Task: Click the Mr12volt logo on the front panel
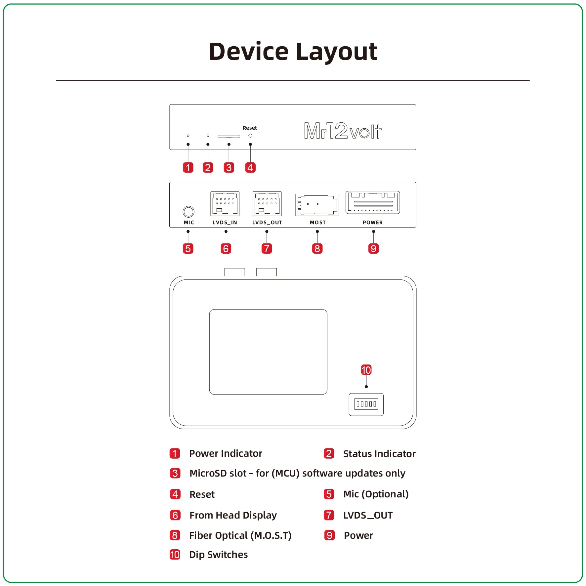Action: [x=343, y=131]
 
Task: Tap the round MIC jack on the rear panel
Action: [x=188, y=211]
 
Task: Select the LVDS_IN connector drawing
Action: [x=225, y=203]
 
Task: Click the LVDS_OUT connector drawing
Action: [x=267, y=203]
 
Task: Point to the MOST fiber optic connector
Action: [x=317, y=205]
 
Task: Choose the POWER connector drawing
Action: [x=373, y=202]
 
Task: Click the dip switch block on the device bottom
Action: [x=366, y=404]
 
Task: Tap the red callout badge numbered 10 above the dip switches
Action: [x=366, y=370]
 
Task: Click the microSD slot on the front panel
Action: [x=229, y=136]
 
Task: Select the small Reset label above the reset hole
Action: [x=250, y=128]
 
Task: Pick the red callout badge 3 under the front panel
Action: [x=229, y=167]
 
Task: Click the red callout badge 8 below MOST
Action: [x=317, y=248]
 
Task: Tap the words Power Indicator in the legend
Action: [x=226, y=453]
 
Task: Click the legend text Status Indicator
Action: [x=379, y=454]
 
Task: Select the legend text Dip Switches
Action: [x=218, y=555]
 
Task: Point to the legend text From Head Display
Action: [x=233, y=515]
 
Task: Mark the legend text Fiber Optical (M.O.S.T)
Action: [x=240, y=535]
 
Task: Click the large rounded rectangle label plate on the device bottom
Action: [x=268, y=352]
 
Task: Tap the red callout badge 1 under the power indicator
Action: [x=188, y=167]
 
